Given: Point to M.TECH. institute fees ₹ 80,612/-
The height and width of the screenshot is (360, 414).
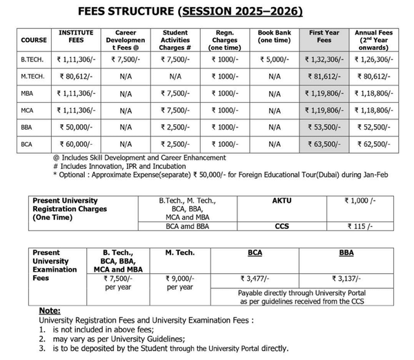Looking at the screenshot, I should [76, 75].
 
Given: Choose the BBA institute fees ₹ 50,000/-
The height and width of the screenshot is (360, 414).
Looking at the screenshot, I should [76, 127].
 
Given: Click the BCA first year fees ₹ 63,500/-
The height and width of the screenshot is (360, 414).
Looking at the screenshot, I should [324, 144].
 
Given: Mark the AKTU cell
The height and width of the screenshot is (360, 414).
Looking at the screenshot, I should [282, 199].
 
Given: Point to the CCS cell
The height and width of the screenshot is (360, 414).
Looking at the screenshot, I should [282, 225].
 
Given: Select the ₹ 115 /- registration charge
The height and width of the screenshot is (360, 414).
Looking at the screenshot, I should [359, 225].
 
